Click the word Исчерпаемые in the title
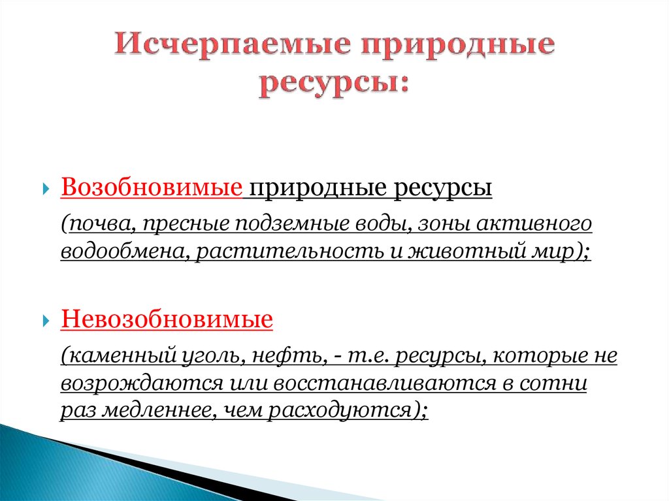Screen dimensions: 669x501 click(x=233, y=44)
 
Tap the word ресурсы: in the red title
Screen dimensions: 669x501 click(x=334, y=84)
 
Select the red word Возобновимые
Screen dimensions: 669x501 click(x=152, y=187)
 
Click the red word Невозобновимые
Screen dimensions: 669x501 click(x=167, y=319)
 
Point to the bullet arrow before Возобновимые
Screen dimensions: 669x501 click(x=46, y=188)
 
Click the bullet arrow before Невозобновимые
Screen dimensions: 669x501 click(x=46, y=321)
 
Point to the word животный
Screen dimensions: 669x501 click(x=465, y=251)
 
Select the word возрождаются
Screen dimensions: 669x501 click(x=142, y=383)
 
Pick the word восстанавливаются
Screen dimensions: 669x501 click(x=384, y=383)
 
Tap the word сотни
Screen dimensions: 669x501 click(x=553, y=383)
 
